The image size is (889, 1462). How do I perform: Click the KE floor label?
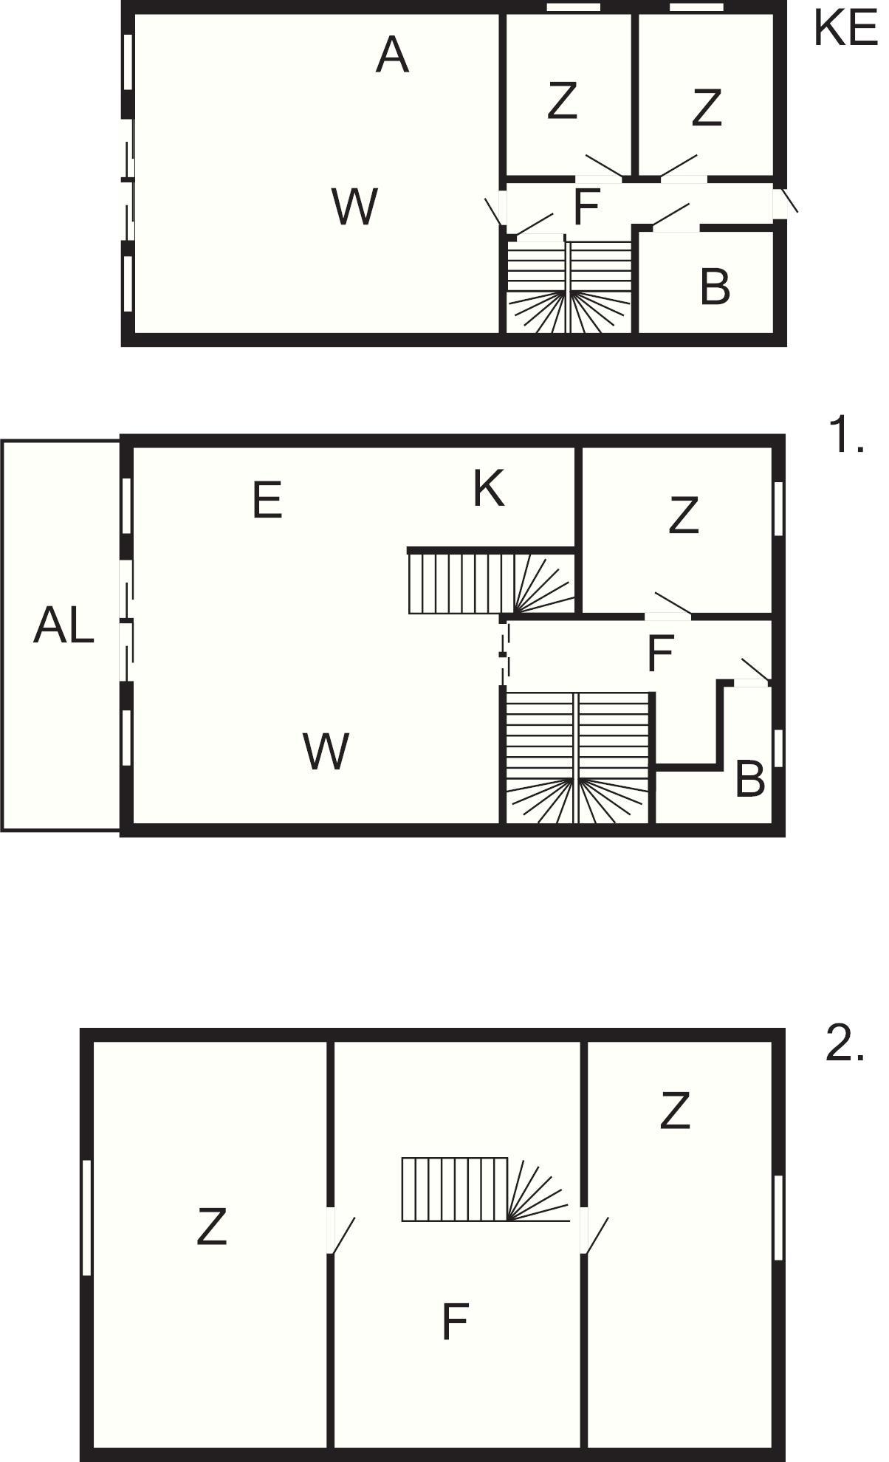point(846,29)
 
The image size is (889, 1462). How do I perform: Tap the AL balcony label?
point(63,627)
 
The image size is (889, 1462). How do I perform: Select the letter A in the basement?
point(392,55)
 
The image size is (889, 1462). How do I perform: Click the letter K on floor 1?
point(489,488)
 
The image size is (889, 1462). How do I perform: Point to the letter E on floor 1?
point(267,501)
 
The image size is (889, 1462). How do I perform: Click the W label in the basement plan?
point(355,206)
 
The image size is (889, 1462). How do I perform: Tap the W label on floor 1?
point(326,752)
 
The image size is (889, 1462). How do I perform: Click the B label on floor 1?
point(750,778)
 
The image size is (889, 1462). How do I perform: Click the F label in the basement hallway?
point(586,207)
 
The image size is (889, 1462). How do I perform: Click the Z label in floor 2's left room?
point(211,1226)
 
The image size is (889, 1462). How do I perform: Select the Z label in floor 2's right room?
point(675,1111)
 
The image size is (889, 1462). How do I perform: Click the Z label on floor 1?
point(683,515)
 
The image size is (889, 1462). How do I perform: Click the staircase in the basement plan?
point(569,286)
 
